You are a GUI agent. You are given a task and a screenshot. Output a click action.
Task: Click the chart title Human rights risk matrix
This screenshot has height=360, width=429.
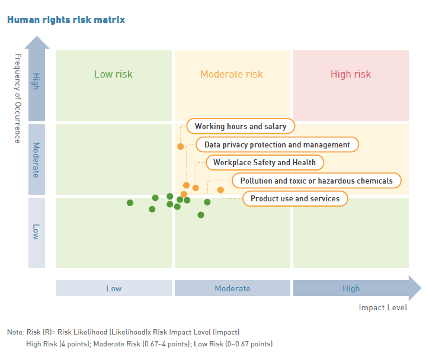pyautogui.click(x=66, y=20)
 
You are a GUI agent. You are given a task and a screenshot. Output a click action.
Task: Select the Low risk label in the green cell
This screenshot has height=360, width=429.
pyautogui.click(x=113, y=74)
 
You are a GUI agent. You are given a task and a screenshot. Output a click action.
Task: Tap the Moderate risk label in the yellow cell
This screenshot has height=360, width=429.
pyautogui.click(x=232, y=74)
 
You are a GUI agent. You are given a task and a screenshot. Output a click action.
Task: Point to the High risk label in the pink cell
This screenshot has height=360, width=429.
pyautogui.click(x=351, y=74)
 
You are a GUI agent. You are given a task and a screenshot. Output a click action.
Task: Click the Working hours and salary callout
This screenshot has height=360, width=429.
pyautogui.click(x=241, y=126)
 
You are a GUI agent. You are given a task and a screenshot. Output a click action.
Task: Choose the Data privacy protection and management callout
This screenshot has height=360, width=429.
pyautogui.click(x=277, y=144)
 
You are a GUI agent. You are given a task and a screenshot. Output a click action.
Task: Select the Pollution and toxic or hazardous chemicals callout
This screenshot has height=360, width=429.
pyautogui.click(x=316, y=181)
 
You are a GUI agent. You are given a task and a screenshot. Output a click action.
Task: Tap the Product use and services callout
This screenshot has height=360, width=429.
pyautogui.click(x=295, y=198)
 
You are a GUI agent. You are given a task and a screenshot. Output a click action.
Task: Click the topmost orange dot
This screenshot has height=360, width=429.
pyautogui.click(x=181, y=146)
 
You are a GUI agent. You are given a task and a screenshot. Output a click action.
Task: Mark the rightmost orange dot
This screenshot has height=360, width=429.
pyautogui.click(x=220, y=190)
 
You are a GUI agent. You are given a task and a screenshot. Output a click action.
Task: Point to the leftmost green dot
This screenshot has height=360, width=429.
pyautogui.click(x=130, y=203)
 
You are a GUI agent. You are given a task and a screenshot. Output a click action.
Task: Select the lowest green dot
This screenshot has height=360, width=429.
pyautogui.click(x=201, y=215)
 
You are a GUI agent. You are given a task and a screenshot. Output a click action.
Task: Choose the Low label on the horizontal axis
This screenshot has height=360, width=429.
pyautogui.click(x=114, y=289)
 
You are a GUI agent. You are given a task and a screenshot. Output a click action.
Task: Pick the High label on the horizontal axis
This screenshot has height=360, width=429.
pyautogui.click(x=351, y=289)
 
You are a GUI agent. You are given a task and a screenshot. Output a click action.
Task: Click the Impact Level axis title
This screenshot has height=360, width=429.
pyautogui.click(x=383, y=307)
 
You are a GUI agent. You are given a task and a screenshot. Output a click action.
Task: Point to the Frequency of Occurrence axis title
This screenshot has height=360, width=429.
pyautogui.click(x=17, y=98)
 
